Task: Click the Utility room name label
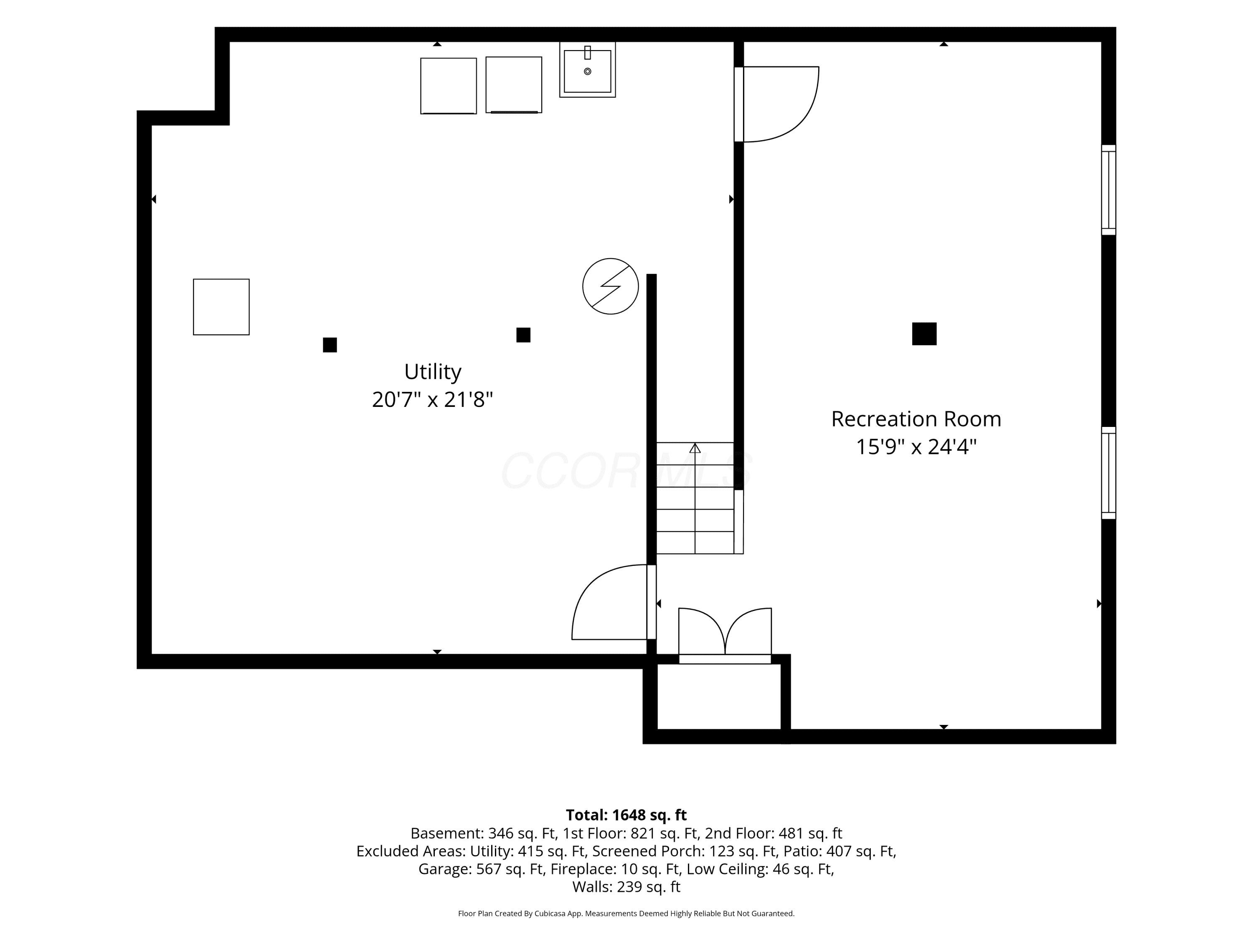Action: [433, 372]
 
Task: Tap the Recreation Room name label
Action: [916, 419]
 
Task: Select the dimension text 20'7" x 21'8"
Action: [432, 400]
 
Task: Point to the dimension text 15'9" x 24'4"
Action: [916, 447]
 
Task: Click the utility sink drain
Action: [587, 71]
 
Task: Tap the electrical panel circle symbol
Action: [611, 286]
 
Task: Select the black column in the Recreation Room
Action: [924, 334]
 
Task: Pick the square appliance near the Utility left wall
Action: [221, 307]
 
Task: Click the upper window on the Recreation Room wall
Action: [1108, 189]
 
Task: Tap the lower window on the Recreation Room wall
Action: [1108, 472]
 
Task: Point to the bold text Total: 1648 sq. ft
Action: [626, 815]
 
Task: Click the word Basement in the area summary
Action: [445, 833]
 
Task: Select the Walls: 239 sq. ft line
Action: [626, 887]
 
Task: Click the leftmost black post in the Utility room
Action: [330, 345]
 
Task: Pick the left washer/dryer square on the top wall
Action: [449, 86]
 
